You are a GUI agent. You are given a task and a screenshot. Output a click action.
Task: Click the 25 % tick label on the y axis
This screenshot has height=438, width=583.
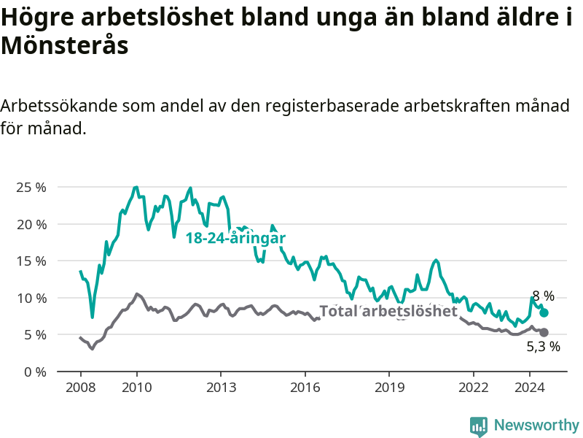[x=31, y=188]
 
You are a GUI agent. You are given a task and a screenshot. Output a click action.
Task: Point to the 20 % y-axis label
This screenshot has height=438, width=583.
[x=31, y=225]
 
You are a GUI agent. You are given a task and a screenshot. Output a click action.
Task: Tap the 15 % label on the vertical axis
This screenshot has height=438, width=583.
[x=31, y=261]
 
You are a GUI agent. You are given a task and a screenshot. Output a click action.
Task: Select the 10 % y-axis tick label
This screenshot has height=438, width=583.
[x=31, y=298]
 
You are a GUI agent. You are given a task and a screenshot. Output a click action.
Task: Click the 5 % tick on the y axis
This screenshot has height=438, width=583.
[x=35, y=335]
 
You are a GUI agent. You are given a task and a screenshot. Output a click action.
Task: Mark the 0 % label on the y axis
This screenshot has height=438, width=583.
[x=35, y=372]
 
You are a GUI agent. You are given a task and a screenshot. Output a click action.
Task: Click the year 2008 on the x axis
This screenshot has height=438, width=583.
[x=81, y=388]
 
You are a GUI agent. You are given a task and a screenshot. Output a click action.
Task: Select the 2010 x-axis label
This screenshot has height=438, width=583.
[x=137, y=388]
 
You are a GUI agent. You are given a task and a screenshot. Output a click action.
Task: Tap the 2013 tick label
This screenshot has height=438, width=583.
[x=222, y=388]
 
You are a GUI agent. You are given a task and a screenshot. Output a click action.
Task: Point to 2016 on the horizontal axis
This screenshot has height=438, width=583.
[x=305, y=388]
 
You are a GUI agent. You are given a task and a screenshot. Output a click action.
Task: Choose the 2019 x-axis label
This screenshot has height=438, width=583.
[x=389, y=388]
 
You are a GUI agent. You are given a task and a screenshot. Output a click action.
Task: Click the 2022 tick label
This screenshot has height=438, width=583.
[x=473, y=388]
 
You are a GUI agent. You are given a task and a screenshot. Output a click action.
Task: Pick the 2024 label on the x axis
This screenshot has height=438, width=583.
[x=530, y=388]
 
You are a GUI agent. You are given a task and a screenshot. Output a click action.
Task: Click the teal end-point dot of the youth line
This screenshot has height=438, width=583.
[x=544, y=312]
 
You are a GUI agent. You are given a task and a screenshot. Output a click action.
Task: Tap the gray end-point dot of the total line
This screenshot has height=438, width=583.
[x=544, y=332]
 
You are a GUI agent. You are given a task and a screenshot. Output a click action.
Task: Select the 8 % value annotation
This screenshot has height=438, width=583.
[x=544, y=296]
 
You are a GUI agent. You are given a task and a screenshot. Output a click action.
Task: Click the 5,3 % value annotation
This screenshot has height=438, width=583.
[x=544, y=346]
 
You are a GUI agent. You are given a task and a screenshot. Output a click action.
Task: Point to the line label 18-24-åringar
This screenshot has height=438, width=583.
[x=235, y=238]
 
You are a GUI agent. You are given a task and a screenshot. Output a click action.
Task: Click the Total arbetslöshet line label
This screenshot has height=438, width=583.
[x=388, y=311]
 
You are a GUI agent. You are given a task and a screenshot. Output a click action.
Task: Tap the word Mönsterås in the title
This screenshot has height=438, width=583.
[x=65, y=46]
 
